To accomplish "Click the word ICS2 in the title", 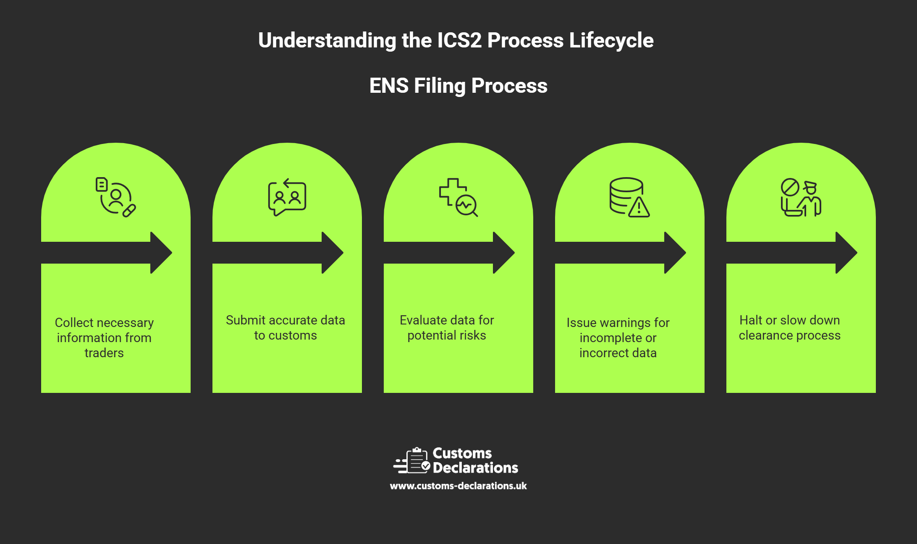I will (459, 41).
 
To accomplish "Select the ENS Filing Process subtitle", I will (458, 86).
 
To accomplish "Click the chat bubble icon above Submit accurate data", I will (287, 197).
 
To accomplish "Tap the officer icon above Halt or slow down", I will (801, 197).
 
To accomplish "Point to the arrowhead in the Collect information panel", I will (162, 253).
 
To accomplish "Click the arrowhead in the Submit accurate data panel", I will (333, 253).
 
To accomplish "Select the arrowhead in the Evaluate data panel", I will (504, 253).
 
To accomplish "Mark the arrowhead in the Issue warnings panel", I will (676, 253).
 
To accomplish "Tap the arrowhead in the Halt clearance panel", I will (847, 253).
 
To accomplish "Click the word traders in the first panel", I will (104, 353).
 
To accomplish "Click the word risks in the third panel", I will (472, 335).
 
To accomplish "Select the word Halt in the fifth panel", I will (750, 320).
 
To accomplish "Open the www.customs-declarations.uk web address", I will (458, 486).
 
